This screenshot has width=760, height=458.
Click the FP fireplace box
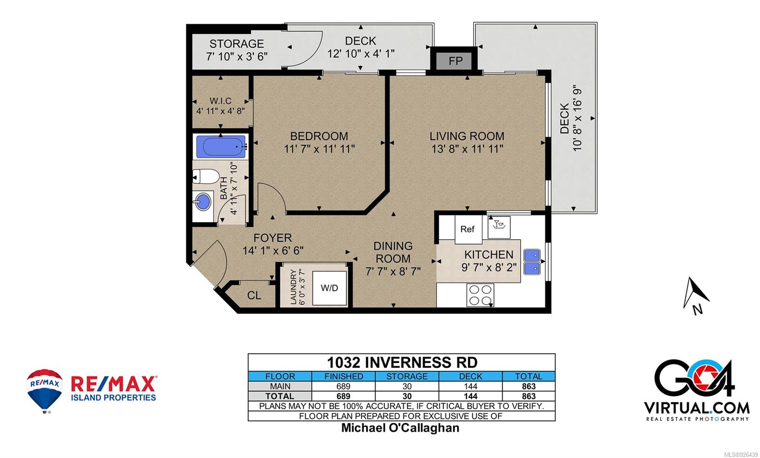[456, 61]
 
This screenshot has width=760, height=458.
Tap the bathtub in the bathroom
[221, 147]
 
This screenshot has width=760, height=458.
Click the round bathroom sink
[203, 201]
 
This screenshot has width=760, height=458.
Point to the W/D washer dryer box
[330, 288]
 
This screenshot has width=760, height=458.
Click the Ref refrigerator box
[468, 230]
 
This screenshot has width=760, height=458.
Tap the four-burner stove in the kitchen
[480, 295]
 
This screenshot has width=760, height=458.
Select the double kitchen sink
[532, 262]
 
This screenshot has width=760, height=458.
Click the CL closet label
[254, 296]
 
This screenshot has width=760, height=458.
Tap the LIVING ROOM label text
[467, 136]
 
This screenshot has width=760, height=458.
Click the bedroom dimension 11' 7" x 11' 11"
[319, 149]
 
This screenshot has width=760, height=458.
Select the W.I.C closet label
[220, 101]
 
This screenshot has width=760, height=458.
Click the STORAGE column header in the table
[407, 376]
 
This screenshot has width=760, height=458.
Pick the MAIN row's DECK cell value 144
[471, 386]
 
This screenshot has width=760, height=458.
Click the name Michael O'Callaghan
[400, 428]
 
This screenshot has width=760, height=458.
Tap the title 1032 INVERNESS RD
[402, 363]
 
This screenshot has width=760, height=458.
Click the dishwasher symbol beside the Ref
[499, 227]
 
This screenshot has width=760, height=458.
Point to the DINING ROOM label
[393, 252]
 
